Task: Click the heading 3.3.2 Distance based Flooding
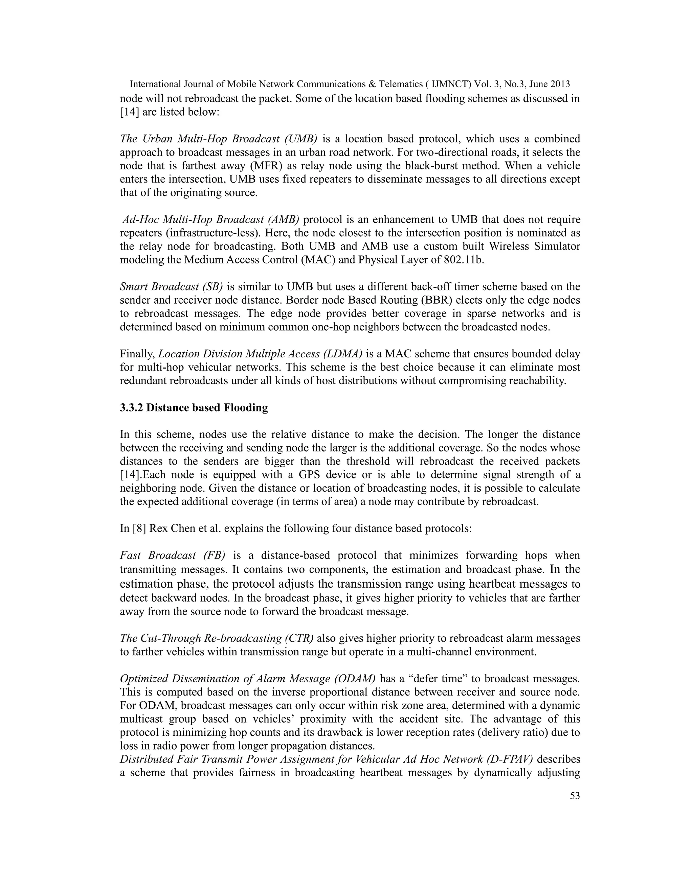point(194,407)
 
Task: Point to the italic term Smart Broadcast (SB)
point(171,286)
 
